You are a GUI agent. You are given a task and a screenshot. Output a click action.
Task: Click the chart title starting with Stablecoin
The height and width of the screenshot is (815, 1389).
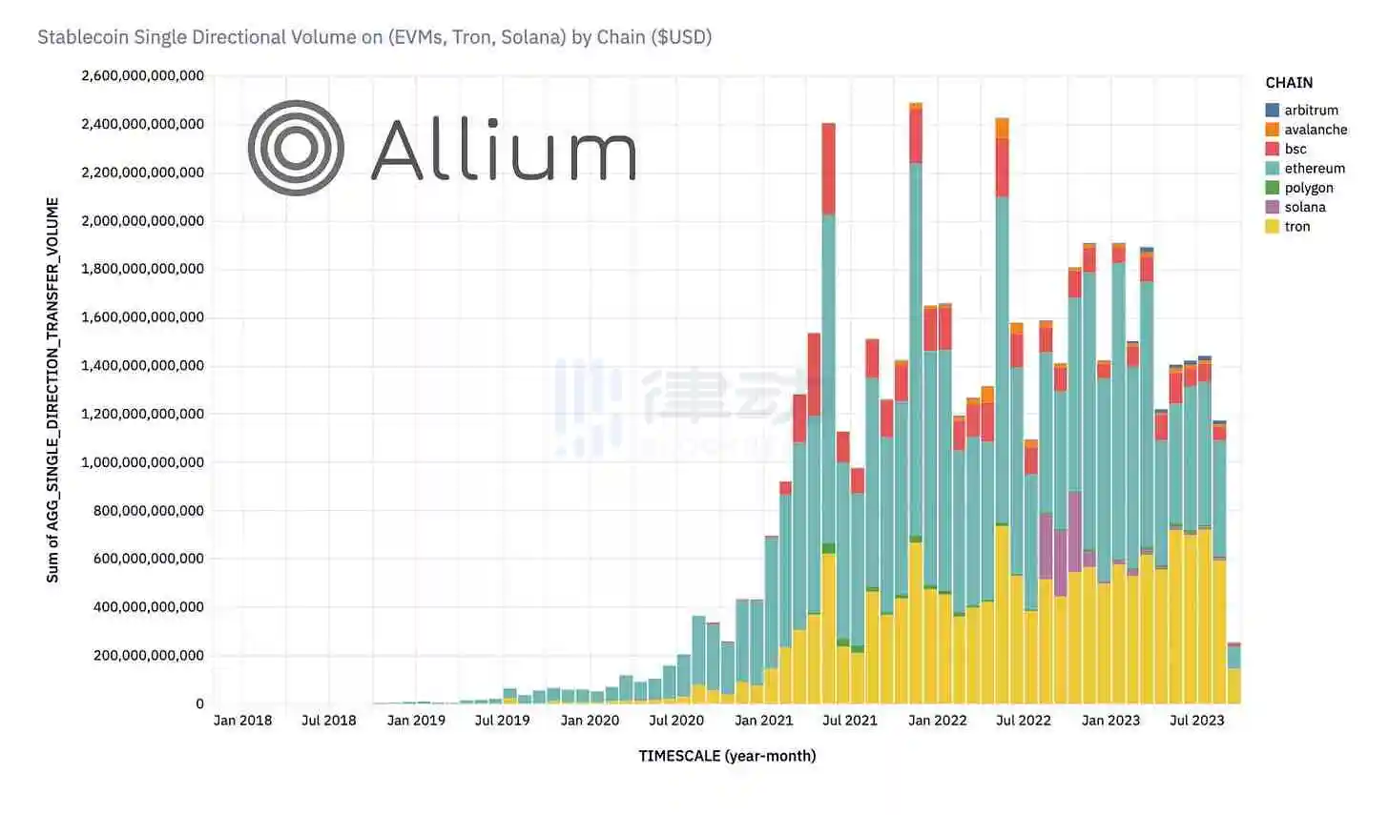click(374, 37)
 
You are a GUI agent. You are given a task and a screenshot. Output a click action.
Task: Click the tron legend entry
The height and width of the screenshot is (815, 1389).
click(1296, 227)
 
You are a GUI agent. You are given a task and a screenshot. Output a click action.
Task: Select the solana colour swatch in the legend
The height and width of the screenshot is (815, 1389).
click(1273, 207)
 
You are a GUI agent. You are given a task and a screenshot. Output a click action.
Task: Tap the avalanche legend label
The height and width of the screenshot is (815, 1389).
click(1316, 130)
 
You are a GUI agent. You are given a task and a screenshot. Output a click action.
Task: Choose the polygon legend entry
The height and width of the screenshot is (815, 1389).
click(1308, 188)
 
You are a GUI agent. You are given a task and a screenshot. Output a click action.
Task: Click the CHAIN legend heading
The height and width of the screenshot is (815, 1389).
click(1289, 83)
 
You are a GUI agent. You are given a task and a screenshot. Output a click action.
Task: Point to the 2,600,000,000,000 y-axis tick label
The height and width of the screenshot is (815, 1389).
click(142, 75)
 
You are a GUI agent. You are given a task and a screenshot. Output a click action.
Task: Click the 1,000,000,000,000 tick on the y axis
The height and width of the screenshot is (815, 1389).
click(142, 462)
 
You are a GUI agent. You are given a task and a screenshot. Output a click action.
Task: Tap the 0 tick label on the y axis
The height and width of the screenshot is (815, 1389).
click(199, 703)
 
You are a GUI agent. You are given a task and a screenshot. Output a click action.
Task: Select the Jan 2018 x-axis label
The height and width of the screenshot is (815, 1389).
click(242, 721)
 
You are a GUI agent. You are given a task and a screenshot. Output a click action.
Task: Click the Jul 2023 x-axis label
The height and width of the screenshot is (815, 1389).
click(1196, 721)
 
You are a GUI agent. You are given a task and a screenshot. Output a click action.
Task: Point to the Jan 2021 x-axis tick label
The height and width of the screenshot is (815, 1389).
click(763, 721)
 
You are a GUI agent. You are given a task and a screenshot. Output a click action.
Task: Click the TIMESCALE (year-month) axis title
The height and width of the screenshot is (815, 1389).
click(727, 756)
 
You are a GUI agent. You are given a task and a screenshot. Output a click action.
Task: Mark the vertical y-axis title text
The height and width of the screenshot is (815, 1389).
click(52, 390)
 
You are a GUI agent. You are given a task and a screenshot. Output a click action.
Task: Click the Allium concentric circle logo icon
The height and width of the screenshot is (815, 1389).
click(296, 148)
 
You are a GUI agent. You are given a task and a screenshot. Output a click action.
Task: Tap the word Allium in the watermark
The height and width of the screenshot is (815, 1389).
click(503, 150)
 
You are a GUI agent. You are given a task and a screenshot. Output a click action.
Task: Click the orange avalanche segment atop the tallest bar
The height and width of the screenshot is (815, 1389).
click(916, 106)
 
